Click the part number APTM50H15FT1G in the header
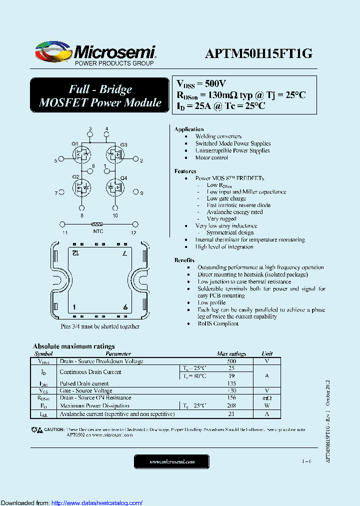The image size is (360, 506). click(258, 53)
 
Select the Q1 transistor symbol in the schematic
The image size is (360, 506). click(82, 154)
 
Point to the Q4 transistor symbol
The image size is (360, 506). click(116, 187)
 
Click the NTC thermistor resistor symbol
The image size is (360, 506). click(97, 225)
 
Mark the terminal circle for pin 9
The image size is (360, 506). click(134, 191)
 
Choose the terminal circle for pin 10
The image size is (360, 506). click(115, 208)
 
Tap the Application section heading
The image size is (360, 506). click(189, 129)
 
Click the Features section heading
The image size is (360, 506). click(185, 171)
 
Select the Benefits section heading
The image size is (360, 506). click(184, 260)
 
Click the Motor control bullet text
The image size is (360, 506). click(211, 157)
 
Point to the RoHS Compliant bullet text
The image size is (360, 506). click(218, 323)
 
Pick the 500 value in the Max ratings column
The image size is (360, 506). click(231, 361)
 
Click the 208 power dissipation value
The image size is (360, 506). click(231, 405)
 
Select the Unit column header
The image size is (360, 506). click(267, 353)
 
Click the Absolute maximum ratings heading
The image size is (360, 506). click(74, 346)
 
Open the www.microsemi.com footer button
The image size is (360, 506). click(172, 461)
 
